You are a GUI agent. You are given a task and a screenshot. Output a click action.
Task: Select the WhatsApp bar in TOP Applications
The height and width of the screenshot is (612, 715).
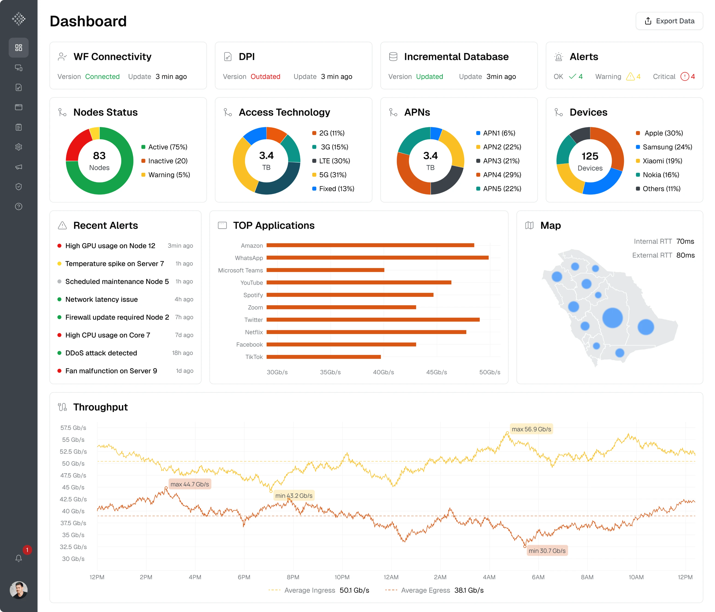pos(377,257)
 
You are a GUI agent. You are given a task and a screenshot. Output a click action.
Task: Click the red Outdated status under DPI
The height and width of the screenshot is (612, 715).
pos(265,77)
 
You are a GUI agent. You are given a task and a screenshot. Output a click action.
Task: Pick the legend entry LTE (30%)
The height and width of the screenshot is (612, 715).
pos(334,161)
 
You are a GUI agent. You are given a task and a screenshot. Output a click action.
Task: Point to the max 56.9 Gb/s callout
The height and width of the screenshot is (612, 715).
pos(531,429)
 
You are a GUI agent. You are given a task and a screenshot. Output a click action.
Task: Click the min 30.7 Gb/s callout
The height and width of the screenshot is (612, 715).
pos(547,551)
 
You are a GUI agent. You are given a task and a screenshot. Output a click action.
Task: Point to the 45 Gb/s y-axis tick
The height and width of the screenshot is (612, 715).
pos(73,487)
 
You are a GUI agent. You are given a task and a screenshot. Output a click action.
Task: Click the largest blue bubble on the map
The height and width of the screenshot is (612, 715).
pos(613,318)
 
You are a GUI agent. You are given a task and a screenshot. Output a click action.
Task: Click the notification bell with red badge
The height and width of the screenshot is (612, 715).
pos(19,558)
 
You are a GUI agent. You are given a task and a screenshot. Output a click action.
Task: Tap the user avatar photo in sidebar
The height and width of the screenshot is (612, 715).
pos(19,590)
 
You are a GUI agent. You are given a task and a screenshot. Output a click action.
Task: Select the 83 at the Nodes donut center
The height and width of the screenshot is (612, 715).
pos(99,156)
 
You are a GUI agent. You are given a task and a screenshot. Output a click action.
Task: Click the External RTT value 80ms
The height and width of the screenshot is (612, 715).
pos(685,255)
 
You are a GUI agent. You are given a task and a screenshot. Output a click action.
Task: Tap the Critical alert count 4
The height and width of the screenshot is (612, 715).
pos(693,77)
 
